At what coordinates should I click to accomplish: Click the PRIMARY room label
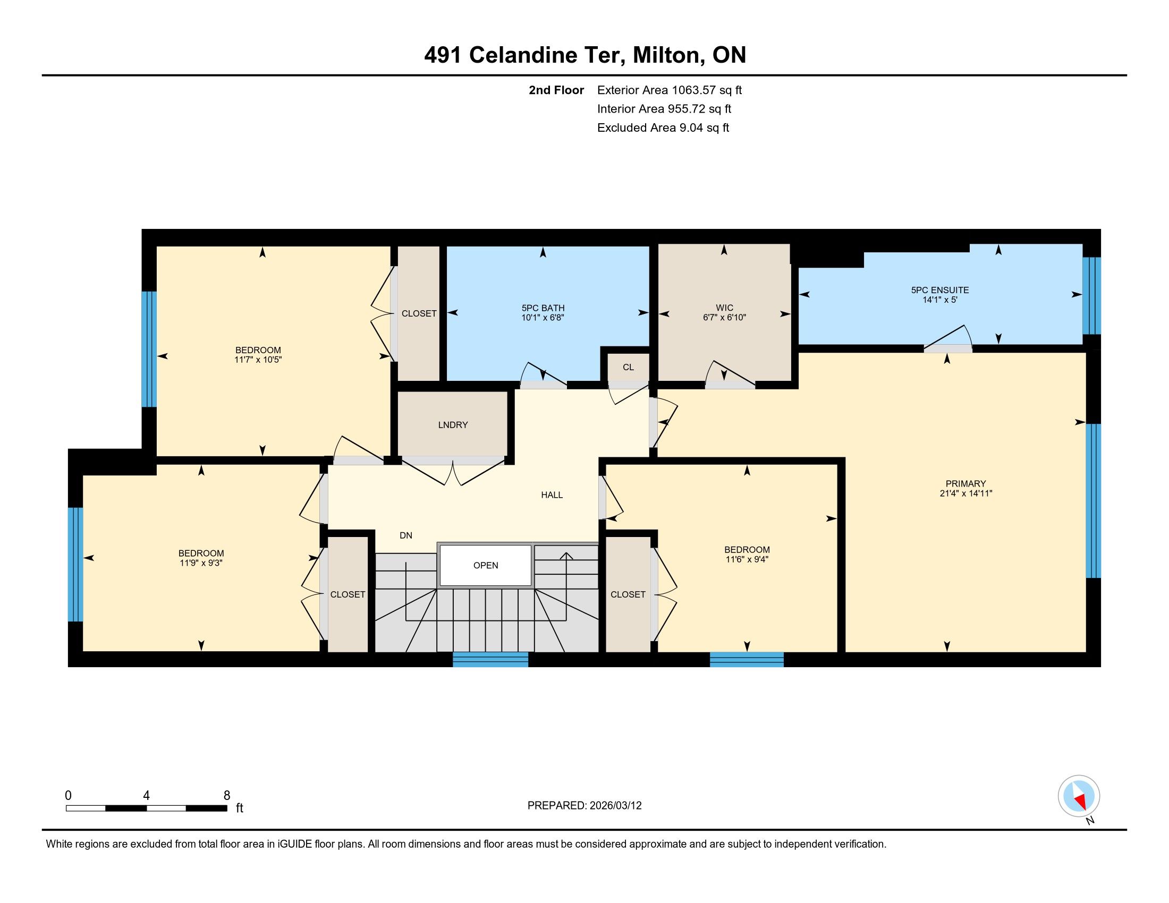pos(965,483)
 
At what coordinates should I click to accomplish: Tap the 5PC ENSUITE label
pos(940,290)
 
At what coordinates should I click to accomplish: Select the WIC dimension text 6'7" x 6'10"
pos(724,317)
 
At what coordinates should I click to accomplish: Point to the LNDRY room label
pos(453,425)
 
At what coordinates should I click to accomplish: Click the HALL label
pos(552,495)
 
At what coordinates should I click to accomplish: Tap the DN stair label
pos(406,535)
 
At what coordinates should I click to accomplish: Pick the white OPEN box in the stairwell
pos(486,566)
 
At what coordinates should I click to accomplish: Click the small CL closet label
pos(629,367)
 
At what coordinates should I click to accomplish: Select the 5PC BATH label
pos(543,308)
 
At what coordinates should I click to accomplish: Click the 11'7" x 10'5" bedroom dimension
pos(258,360)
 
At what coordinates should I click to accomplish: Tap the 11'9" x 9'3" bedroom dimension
pos(201,563)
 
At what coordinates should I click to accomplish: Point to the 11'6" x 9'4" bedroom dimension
pos(747,559)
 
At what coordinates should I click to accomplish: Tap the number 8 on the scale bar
pos(226,795)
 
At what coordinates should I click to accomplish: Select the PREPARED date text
pos(584,805)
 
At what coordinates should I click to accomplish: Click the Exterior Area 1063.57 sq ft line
pos(670,90)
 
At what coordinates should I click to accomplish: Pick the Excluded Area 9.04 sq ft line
pos(663,127)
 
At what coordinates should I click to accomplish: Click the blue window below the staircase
pos(490,660)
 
